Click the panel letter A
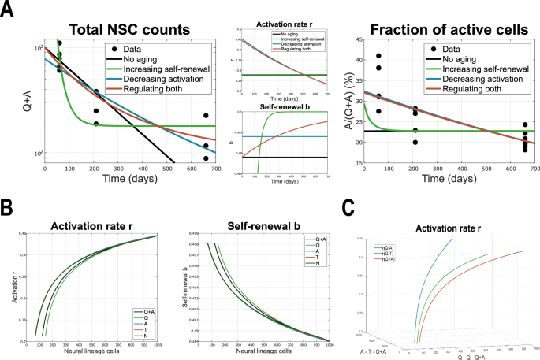[9, 11]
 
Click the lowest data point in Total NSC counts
[206, 158]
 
